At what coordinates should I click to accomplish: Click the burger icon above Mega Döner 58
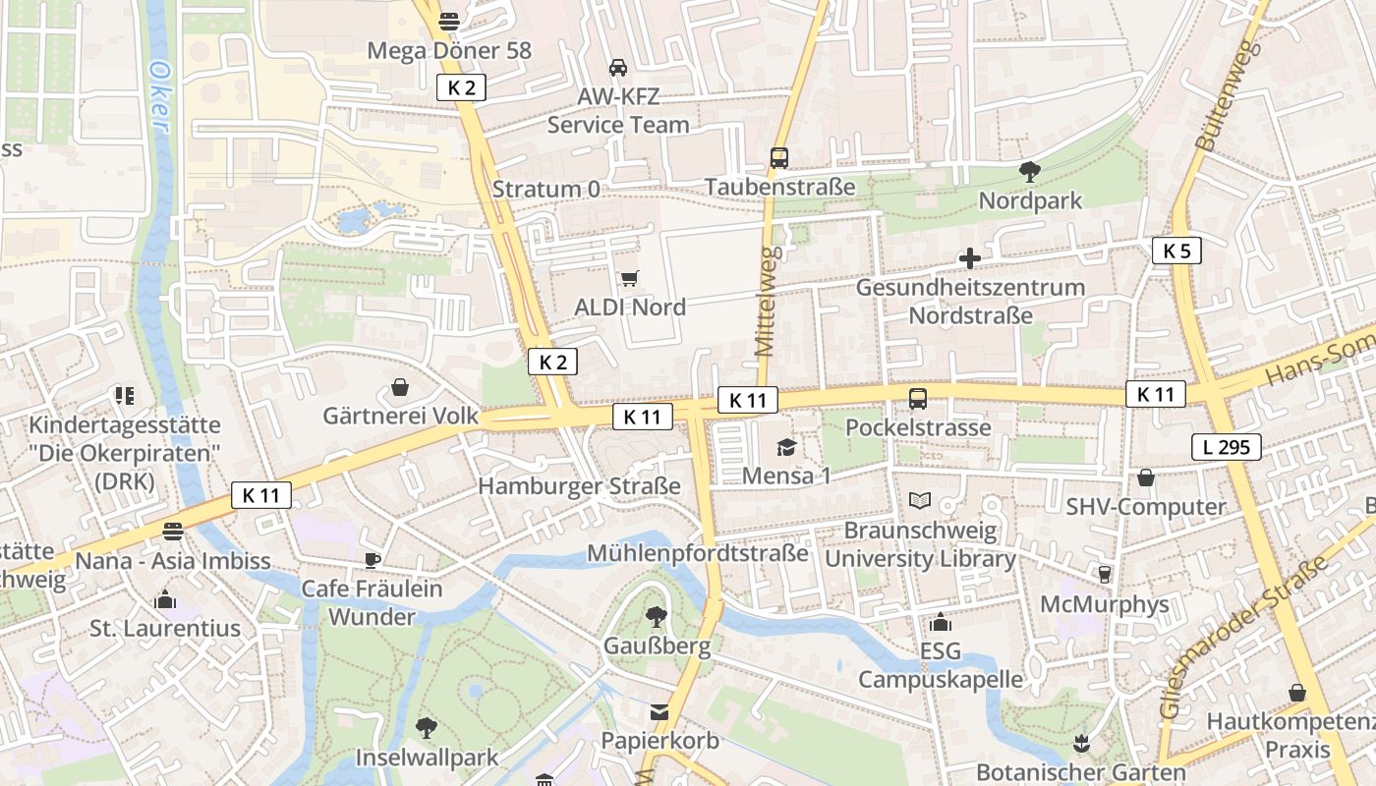[449, 21]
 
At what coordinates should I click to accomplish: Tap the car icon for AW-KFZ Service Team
[617, 67]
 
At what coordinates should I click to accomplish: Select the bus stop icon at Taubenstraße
[779, 157]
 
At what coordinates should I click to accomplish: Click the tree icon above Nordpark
[1030, 172]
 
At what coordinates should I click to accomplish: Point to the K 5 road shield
[1175, 251]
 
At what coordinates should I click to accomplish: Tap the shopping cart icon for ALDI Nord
[629, 279]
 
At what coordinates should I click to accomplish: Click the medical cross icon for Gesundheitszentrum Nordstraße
[969, 258]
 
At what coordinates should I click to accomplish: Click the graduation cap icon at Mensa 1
[786, 448]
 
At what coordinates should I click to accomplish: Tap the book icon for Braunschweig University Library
[919, 501]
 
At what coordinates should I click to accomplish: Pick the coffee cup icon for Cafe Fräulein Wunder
[372, 560]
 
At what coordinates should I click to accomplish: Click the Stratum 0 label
[545, 189]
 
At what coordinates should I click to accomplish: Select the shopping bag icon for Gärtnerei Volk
[400, 387]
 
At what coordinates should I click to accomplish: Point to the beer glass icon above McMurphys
[1104, 574]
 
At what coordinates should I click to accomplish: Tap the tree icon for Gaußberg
[656, 617]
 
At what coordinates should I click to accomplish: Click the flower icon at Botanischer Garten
[1081, 743]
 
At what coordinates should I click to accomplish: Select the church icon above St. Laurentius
[164, 599]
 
